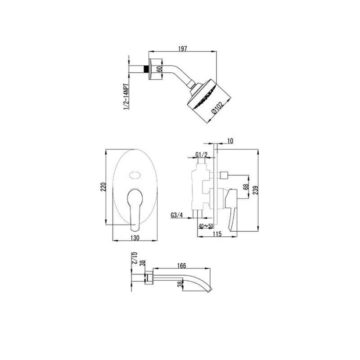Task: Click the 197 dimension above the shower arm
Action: pyautogui.click(x=183, y=49)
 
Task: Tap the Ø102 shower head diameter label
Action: pyautogui.click(x=217, y=108)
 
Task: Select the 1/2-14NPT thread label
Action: pyautogui.click(x=126, y=97)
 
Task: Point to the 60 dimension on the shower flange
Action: pyautogui.click(x=158, y=69)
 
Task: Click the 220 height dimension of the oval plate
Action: pyautogui.click(x=103, y=187)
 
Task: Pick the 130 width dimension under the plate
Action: pyautogui.click(x=135, y=238)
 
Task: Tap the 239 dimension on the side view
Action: pyautogui.click(x=256, y=190)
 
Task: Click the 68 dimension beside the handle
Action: pyautogui.click(x=245, y=187)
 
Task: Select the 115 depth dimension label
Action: pyautogui.click(x=217, y=234)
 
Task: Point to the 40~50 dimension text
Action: pyautogui.click(x=206, y=226)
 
